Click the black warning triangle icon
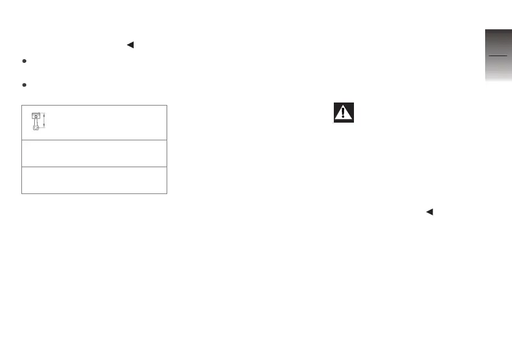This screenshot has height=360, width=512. tap(344, 113)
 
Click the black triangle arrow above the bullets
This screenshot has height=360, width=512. tap(129, 44)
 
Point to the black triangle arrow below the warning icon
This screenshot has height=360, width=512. tap(429, 212)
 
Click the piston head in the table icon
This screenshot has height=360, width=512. tap(36, 116)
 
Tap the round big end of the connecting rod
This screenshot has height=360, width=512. tap(36, 129)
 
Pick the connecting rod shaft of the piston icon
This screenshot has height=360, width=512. tap(36, 123)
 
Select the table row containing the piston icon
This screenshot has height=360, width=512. tap(95, 122)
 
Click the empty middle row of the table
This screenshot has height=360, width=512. tap(95, 153)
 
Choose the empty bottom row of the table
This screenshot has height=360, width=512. tap(95, 180)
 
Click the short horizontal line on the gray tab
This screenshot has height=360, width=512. tap(497, 56)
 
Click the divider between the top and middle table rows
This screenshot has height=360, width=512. tap(95, 140)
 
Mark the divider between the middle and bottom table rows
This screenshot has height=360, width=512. tap(95, 167)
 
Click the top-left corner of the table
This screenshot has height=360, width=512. tap(22, 105)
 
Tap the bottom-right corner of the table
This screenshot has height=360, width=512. tap(167, 193)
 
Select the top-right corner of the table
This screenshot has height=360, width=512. tap(167, 105)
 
